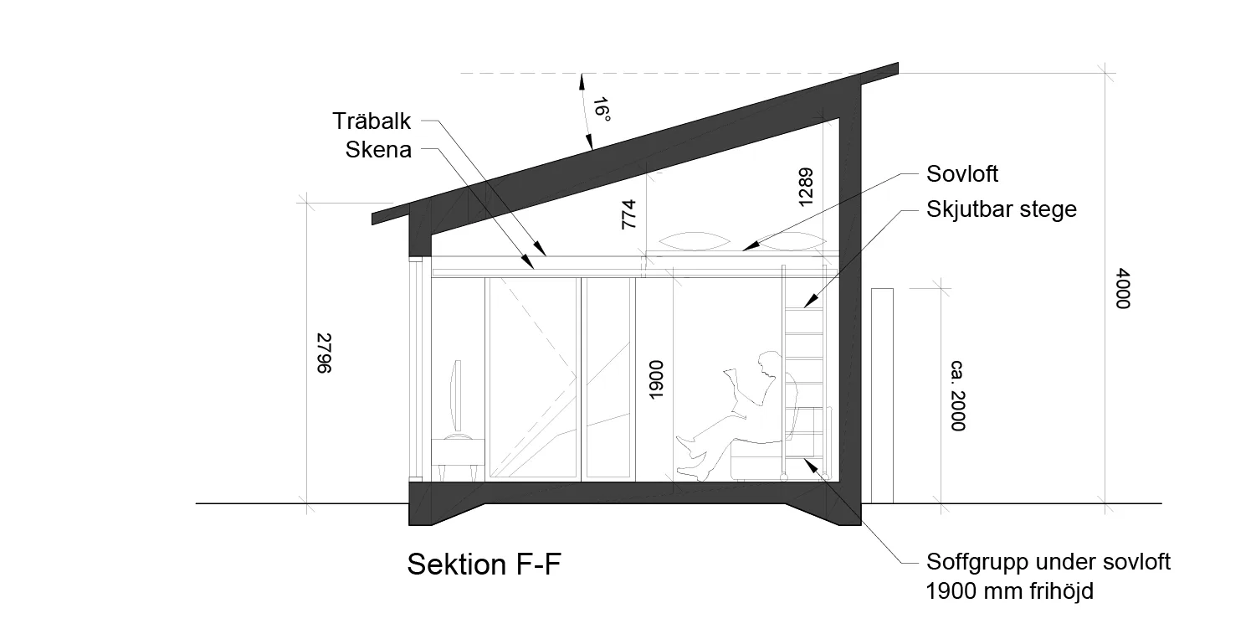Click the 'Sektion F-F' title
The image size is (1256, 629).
(484, 564)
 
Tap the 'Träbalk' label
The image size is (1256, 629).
(372, 121)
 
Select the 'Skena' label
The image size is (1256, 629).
(378, 150)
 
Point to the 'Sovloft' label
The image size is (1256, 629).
(961, 174)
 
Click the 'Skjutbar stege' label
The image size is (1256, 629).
(1002, 209)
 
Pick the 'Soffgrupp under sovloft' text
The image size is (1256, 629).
(1048, 562)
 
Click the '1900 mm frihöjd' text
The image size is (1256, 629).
(1009, 590)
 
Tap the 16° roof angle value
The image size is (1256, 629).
(602, 110)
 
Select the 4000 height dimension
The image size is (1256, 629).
(1123, 288)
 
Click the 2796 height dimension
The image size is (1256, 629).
(325, 353)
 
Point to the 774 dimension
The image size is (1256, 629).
(628, 214)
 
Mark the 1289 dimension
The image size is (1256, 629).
(805, 187)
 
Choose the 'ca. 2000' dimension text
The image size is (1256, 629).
(958, 395)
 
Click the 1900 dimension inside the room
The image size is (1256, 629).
(655, 380)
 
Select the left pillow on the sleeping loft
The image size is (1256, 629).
(695, 241)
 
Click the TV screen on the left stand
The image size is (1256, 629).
(458, 395)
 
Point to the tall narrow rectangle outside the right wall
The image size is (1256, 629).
(882, 395)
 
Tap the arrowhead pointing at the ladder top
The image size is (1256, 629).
(809, 302)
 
